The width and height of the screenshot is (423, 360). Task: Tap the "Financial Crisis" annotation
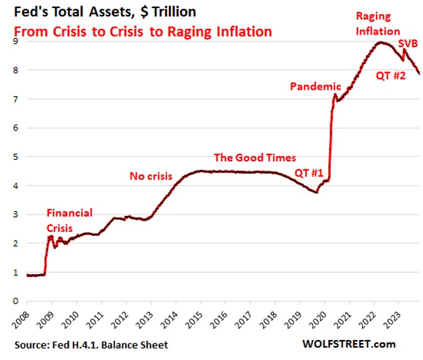click(70, 220)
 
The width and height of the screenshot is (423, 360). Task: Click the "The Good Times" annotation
click(255, 157)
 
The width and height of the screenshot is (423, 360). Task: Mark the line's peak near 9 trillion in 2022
click(380, 43)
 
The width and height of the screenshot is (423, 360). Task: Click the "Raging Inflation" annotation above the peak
click(378, 23)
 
